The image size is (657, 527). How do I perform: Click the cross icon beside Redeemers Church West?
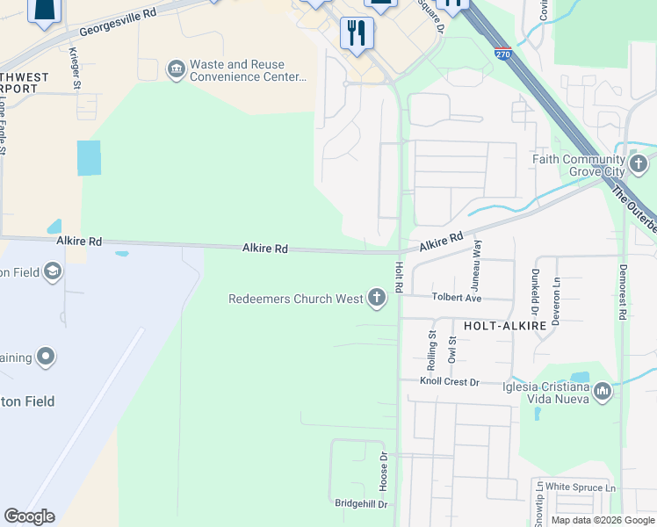point(377,299)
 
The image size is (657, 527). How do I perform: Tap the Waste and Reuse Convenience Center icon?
point(175,69)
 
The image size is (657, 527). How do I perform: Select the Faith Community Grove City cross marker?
point(638,162)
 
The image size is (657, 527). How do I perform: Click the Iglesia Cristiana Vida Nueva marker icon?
point(603,391)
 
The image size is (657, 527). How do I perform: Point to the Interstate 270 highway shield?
point(502,53)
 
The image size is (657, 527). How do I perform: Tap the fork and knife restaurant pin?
point(357,34)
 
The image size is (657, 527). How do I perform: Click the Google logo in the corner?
point(29,516)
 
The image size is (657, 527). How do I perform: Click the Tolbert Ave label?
point(456,298)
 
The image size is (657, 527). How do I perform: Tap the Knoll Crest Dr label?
point(449,382)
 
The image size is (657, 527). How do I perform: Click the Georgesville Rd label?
point(117,24)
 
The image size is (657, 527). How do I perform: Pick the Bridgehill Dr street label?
point(361,503)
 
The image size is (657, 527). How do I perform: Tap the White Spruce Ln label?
point(581,487)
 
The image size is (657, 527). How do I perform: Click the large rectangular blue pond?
point(89,158)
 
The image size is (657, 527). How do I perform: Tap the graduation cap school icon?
point(52,271)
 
